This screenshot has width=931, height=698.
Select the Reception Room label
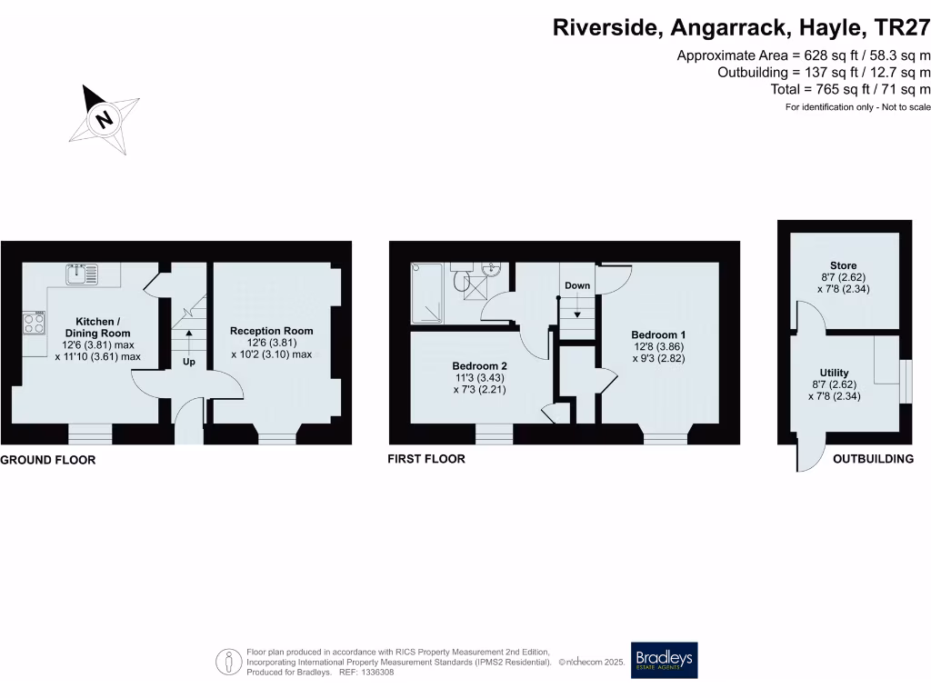click(x=271, y=331)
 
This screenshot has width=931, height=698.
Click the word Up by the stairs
click(x=189, y=361)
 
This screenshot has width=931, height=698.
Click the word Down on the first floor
click(x=577, y=285)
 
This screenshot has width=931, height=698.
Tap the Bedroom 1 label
click(x=658, y=334)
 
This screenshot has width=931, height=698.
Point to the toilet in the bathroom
click(x=462, y=281)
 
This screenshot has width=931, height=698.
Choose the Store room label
click(x=844, y=266)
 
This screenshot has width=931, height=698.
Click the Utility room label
click(x=834, y=373)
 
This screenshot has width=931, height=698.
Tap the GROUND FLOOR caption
click(x=48, y=460)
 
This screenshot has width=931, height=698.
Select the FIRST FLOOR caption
click(x=426, y=459)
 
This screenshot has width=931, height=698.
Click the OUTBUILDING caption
click(x=873, y=459)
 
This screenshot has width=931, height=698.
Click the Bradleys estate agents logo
click(x=665, y=661)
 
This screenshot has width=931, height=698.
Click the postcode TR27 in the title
click(x=901, y=28)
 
